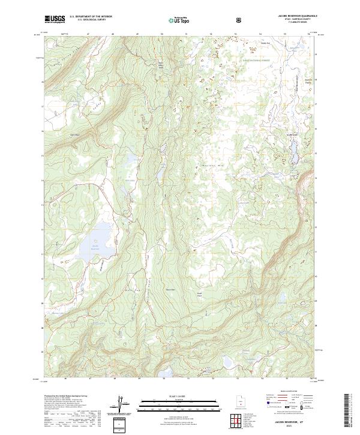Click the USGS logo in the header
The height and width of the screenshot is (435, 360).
(55, 19)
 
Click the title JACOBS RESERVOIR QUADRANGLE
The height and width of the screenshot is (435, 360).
(294, 16)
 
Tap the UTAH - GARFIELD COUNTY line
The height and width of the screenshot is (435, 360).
(294, 19)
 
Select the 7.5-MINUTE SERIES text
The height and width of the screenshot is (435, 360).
(294, 23)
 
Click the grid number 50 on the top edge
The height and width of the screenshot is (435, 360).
(162, 34)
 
